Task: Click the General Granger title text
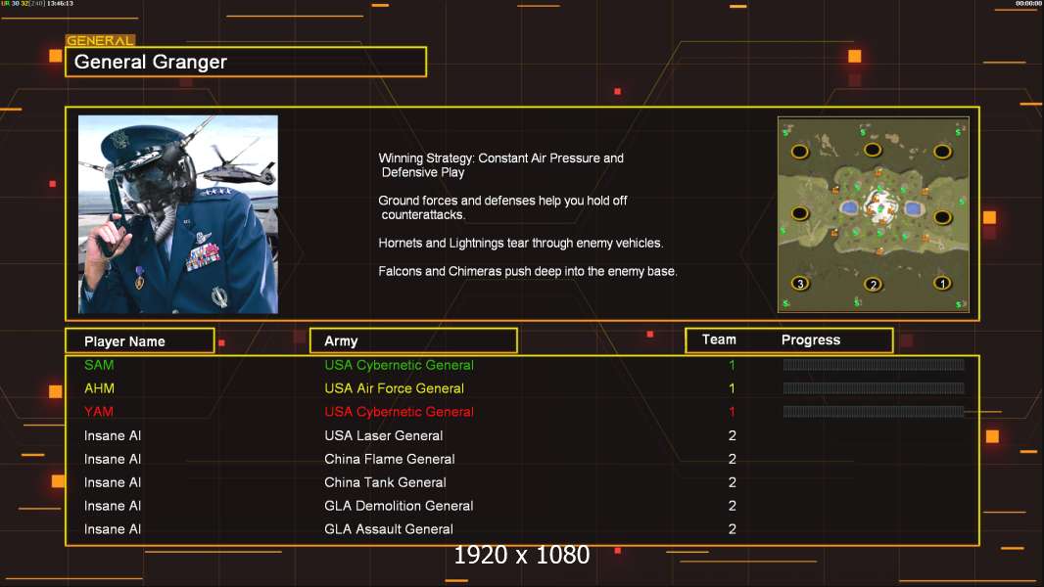click(151, 62)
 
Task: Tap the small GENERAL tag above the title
click(100, 40)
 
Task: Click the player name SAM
click(99, 365)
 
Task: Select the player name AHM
click(99, 388)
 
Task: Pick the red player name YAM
click(99, 412)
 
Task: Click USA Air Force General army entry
click(394, 388)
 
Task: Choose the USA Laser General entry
click(384, 435)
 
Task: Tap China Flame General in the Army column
click(390, 459)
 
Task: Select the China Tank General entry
click(385, 482)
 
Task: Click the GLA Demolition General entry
click(399, 506)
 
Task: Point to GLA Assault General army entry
click(389, 529)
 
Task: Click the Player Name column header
click(124, 341)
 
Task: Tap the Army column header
click(341, 341)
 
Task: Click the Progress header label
click(811, 340)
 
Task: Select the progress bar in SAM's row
click(874, 364)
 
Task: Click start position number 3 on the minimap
click(800, 283)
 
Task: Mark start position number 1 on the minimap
click(942, 283)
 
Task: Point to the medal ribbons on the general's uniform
click(203, 257)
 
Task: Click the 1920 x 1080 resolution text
click(522, 555)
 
